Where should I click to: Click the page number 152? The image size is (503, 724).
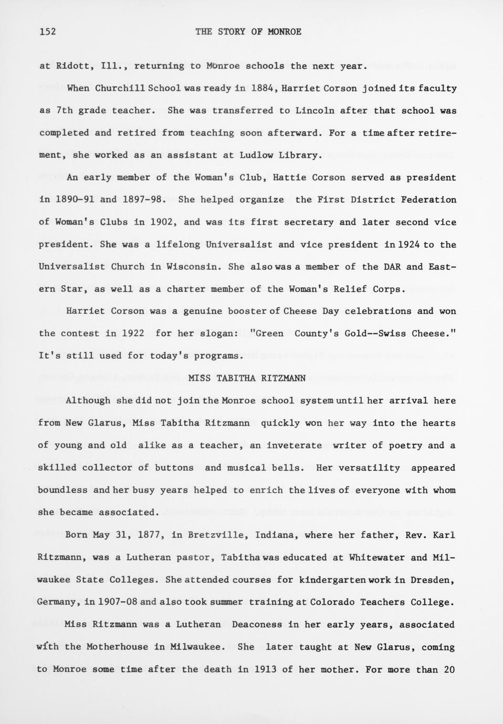pos(47,32)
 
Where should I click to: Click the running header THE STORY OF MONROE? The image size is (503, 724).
pos(248,32)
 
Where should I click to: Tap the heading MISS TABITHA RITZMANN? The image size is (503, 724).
pos(247,378)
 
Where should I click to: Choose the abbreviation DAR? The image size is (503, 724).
pos(392,267)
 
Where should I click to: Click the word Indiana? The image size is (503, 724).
pos(275,535)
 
